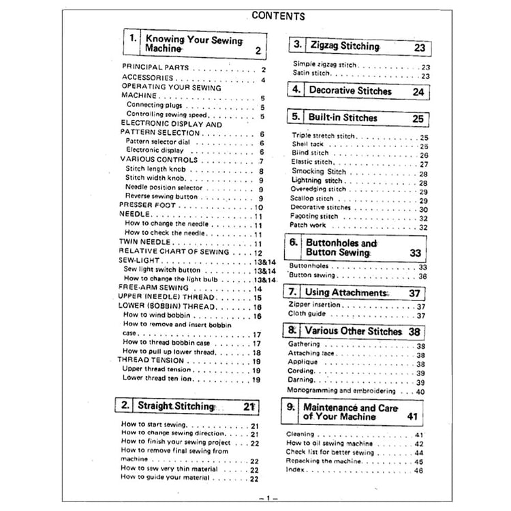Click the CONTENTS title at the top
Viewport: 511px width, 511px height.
[277, 15]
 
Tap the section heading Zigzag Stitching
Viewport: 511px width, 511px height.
[345, 46]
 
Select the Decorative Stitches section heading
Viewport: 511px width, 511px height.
[350, 91]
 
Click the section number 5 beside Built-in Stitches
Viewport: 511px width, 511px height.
[296, 117]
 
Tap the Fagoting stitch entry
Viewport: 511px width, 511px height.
[315, 217]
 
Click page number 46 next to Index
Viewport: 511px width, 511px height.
[418, 470]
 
